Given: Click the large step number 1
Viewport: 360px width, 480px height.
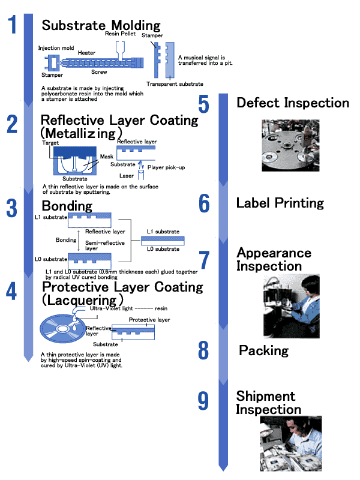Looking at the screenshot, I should pyautogui.click(x=12, y=26).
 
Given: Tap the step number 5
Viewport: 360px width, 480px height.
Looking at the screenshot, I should pyautogui.click(x=203, y=104).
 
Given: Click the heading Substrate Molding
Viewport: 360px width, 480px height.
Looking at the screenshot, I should pyautogui.click(x=101, y=25).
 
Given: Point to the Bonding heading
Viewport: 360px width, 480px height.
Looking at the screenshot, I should pyautogui.click(x=67, y=206).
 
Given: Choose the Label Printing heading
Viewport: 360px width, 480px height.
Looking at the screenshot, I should pyautogui.click(x=280, y=203).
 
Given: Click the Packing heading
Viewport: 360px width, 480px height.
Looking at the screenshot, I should pyautogui.click(x=263, y=350).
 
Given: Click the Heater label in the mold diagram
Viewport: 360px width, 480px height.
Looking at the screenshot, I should pyautogui.click(x=86, y=52).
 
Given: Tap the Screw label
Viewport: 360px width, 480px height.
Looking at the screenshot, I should pyautogui.click(x=100, y=72).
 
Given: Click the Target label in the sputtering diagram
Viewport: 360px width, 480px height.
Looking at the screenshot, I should pyautogui.click(x=50, y=142).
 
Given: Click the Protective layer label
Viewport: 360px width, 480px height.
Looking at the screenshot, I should pyautogui.click(x=149, y=320).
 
